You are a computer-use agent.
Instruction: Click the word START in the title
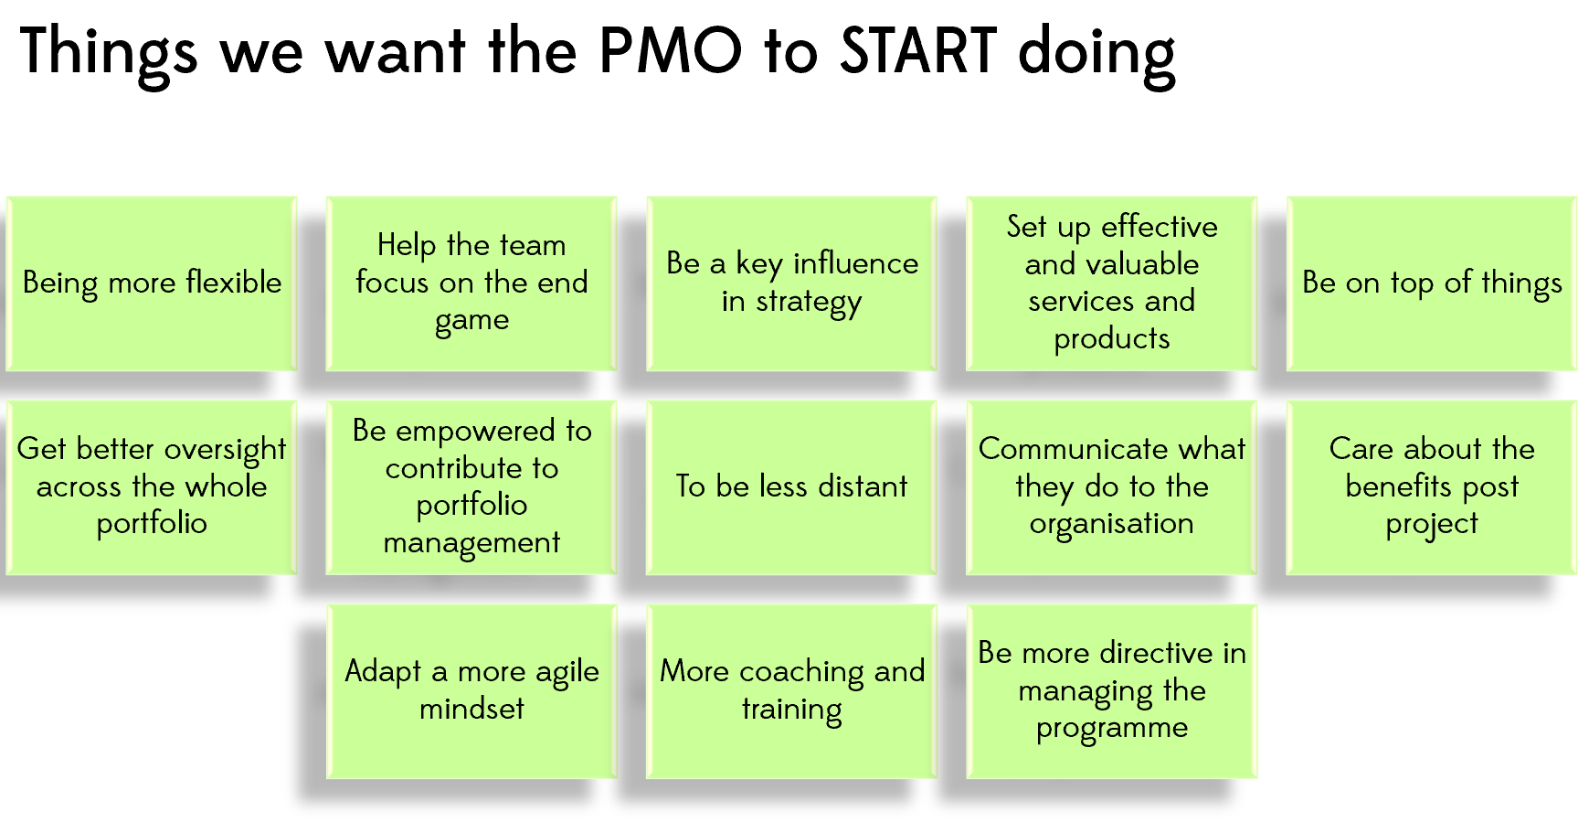[x=918, y=50]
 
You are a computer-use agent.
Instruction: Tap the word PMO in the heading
[x=671, y=50]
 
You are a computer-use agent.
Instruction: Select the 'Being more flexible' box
[x=152, y=283]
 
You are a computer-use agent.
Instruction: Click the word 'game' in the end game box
[x=471, y=322]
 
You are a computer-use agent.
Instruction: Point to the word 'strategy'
[x=809, y=303]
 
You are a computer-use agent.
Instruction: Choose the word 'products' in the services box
[x=1112, y=340]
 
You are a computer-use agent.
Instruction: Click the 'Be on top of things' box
[x=1432, y=283]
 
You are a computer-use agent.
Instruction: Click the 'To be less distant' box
[x=791, y=487]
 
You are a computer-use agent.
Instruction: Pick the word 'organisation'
[x=1112, y=525]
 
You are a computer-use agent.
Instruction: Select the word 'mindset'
[x=471, y=709]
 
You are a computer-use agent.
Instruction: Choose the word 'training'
[x=791, y=710]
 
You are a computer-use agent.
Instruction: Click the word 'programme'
[x=1112, y=730]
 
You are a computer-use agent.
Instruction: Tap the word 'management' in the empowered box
[x=471, y=543]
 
